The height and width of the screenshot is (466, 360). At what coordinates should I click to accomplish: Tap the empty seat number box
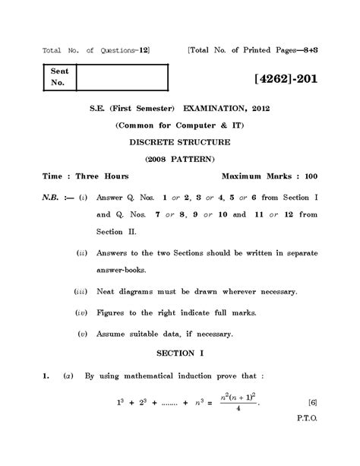pos(122,78)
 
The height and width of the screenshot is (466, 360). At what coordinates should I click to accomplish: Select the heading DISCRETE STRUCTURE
pos(180,141)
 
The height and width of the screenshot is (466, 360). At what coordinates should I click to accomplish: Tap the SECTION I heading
pos(180,353)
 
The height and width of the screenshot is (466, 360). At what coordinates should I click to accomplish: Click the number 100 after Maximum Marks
pos(308,176)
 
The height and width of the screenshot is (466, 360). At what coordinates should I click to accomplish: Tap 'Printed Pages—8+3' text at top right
pos(279,51)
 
